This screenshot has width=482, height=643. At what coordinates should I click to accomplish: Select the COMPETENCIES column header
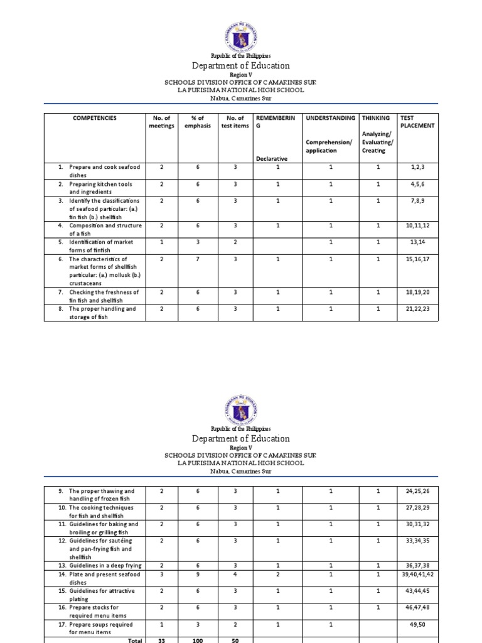94,117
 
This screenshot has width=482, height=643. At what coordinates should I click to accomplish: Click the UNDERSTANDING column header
330,117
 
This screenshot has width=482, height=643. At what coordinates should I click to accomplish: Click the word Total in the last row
135,639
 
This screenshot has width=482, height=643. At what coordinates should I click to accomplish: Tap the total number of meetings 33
161,639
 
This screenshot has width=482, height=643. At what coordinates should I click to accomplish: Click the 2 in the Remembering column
277,575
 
